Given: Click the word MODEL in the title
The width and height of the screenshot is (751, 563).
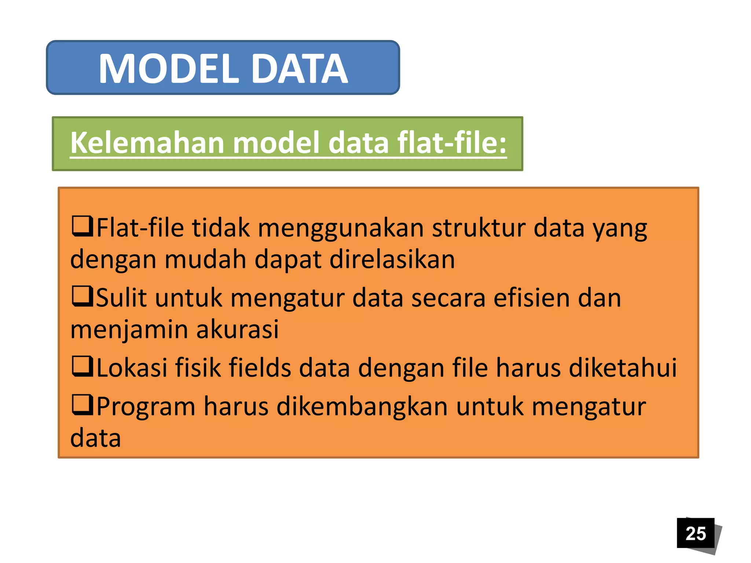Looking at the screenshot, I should pyautogui.click(x=169, y=69).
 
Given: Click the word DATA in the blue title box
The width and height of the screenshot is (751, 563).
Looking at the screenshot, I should pyautogui.click(x=300, y=69).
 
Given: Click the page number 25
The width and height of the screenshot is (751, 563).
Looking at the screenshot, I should pyautogui.click(x=695, y=533).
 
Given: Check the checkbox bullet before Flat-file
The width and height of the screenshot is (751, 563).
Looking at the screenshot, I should pyautogui.click(x=82, y=226).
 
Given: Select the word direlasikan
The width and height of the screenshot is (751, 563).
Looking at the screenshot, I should pyautogui.click(x=392, y=260).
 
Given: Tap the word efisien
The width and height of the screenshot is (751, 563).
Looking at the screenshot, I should pyautogui.click(x=531, y=298).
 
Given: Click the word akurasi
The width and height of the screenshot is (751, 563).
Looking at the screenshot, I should pyautogui.click(x=237, y=329).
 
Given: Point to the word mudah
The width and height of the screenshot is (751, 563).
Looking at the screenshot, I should pyautogui.click(x=205, y=260).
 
